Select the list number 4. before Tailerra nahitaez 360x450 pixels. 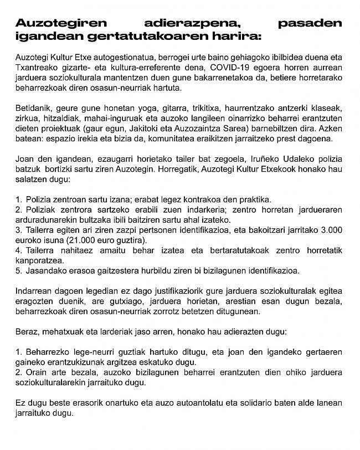(x=19, y=250)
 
